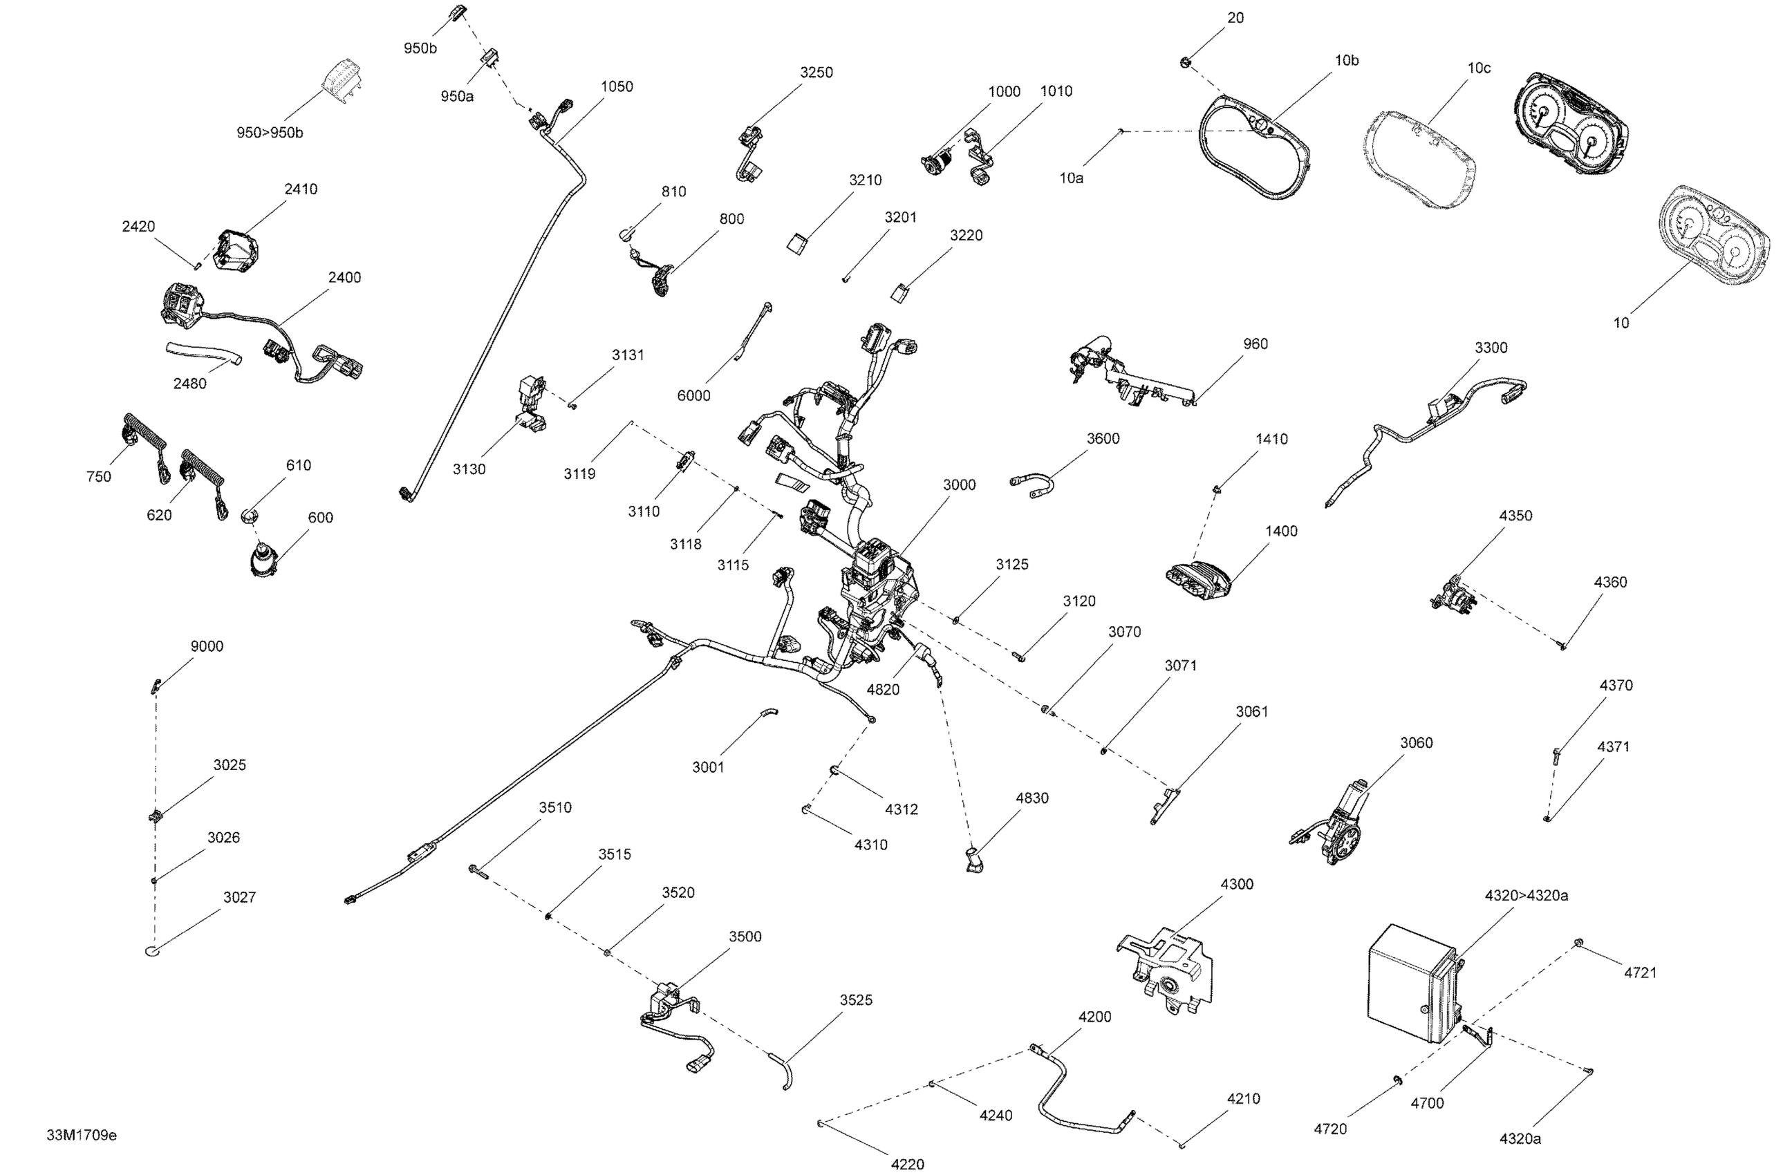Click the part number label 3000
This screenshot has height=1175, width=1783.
click(959, 485)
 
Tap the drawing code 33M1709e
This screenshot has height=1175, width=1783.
click(81, 1136)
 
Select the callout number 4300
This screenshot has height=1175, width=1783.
click(1237, 884)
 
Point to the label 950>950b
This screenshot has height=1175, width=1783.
click(270, 133)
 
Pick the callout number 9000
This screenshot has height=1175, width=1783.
click(207, 647)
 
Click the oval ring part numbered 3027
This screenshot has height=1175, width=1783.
click(153, 952)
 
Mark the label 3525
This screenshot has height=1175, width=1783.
click(856, 1000)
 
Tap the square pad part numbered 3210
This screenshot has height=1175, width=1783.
click(797, 244)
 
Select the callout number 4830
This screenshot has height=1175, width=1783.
click(1032, 798)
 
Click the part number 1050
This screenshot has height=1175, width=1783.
click(617, 87)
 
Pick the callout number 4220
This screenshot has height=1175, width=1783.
click(908, 1164)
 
